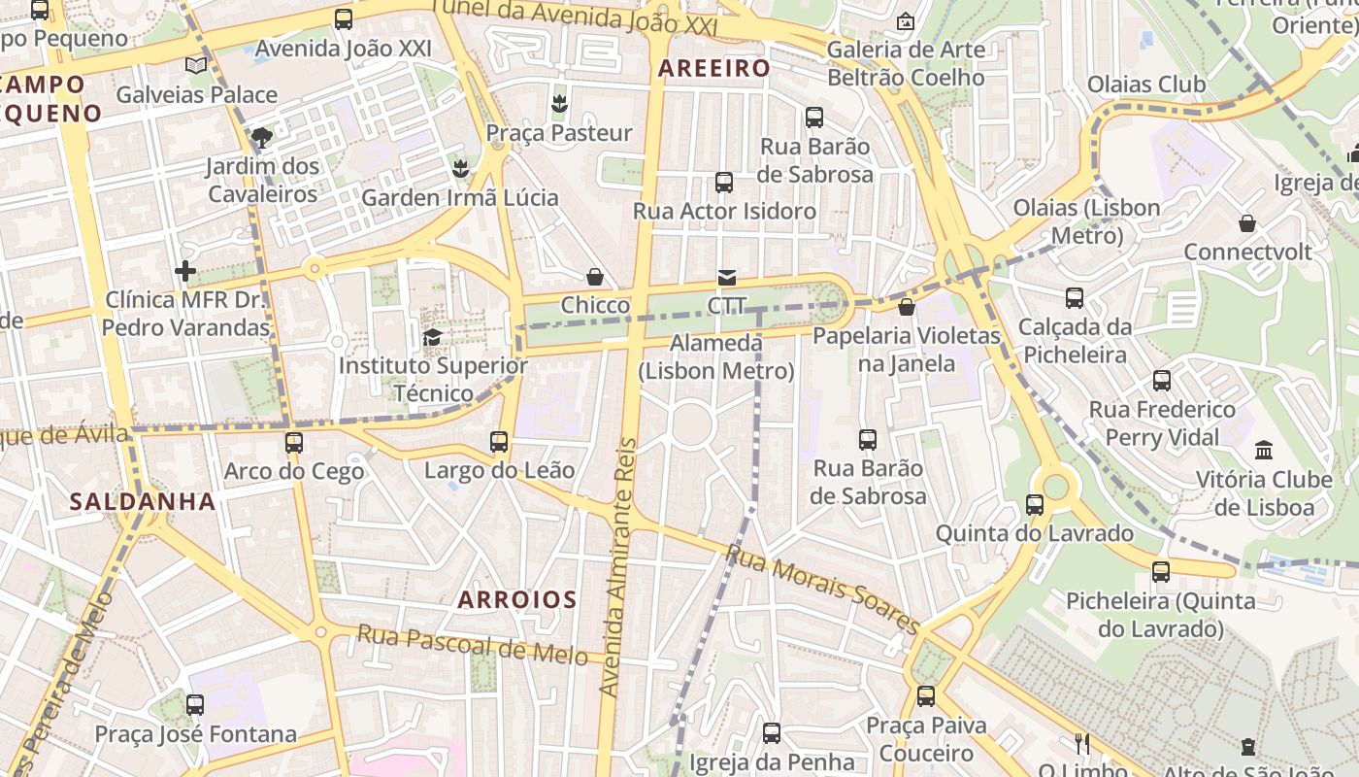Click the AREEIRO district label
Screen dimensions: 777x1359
tap(713, 68)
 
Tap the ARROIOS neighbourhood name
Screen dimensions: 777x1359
tap(516, 599)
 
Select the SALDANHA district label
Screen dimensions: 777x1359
tap(142, 501)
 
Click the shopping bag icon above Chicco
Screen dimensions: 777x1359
tap(595, 278)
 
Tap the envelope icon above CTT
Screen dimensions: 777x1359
tap(726, 279)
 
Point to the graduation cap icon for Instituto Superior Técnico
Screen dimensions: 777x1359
tap(432, 338)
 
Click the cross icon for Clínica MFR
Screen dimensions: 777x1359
tap(185, 271)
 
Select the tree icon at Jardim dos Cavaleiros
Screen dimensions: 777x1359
tap(261, 137)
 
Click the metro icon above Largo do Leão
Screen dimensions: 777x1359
tap(499, 442)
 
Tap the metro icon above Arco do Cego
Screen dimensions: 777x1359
tap(293, 443)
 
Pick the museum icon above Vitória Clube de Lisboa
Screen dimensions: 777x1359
tap(1263, 451)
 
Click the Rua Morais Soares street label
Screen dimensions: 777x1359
tap(822, 590)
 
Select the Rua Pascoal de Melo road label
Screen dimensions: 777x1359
tap(472, 644)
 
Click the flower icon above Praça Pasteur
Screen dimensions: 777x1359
tap(558, 103)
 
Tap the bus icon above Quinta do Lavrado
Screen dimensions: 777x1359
tap(1034, 505)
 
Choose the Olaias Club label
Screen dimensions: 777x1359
tap(1145, 84)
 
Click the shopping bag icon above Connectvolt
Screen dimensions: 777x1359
tap(1247, 224)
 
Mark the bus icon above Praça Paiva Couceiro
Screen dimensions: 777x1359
tap(925, 696)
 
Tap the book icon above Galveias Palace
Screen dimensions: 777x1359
tap(196, 66)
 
